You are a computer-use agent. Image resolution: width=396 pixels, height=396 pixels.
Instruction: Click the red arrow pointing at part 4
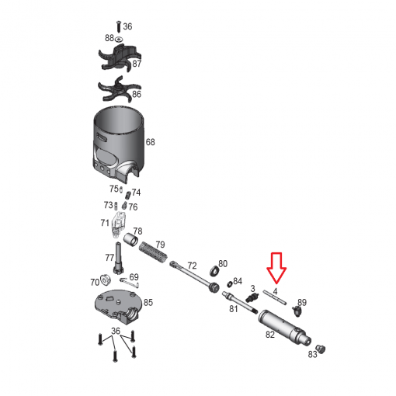pos(276,267)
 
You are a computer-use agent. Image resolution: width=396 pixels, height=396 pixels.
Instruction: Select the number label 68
pos(151,142)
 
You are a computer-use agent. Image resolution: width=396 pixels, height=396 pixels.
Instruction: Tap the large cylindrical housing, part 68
pos(118,144)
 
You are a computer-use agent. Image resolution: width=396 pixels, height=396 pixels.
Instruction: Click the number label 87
pos(137,64)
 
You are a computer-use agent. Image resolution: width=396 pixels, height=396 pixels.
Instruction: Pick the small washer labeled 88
pos(120,39)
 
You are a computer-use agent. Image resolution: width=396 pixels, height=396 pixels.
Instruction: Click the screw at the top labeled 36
pos(119,26)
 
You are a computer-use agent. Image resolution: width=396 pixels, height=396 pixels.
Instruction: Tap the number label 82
pos(270,335)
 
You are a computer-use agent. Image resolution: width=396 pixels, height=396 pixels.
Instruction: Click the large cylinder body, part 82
pos(284,328)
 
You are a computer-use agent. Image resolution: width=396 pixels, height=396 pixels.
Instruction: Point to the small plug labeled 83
pos(321,349)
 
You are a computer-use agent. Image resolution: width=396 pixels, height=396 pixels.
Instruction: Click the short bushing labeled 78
pos(130,240)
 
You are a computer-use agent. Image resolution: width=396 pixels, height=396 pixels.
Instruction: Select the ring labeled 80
pos(214,270)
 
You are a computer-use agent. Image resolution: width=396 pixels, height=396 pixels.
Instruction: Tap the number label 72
pos(192,266)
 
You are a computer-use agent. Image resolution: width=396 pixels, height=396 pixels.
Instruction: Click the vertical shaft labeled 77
pos(118,258)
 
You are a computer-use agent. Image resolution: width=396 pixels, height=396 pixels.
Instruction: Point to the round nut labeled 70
pos(106,280)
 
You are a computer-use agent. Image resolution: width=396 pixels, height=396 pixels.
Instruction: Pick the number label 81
pos(234,308)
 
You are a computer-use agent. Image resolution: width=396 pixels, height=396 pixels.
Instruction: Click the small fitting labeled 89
pos(297,311)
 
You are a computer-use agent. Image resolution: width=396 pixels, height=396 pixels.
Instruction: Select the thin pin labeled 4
pos(275,297)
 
